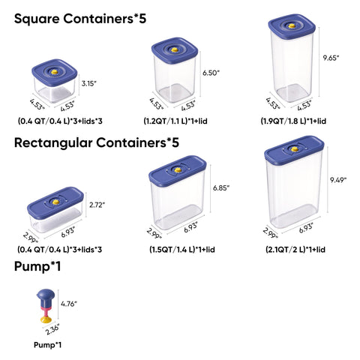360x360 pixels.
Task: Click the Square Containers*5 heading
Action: point(80,19)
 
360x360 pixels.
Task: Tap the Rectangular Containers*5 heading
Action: point(97,142)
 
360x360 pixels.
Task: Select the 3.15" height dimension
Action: point(88,83)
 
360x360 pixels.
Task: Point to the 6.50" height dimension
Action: point(211,73)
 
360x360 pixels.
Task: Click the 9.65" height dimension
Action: point(331,58)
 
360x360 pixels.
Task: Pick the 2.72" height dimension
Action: point(97,205)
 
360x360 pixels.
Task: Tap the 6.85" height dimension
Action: point(221,188)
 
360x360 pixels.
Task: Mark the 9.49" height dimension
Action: point(338,180)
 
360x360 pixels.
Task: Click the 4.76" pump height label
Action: point(69,304)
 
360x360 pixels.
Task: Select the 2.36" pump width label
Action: point(52,329)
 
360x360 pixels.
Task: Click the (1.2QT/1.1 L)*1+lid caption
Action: point(175,121)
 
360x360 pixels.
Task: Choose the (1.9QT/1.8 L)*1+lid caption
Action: point(293,121)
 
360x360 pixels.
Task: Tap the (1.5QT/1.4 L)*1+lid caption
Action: point(182,250)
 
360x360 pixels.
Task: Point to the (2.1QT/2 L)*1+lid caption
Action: point(295,250)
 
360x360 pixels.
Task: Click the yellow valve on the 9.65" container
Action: point(291,25)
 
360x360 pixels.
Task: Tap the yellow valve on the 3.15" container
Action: point(54,72)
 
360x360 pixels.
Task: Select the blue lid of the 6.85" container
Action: point(178,171)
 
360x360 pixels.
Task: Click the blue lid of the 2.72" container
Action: point(55,202)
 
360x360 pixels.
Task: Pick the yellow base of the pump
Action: point(46,319)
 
